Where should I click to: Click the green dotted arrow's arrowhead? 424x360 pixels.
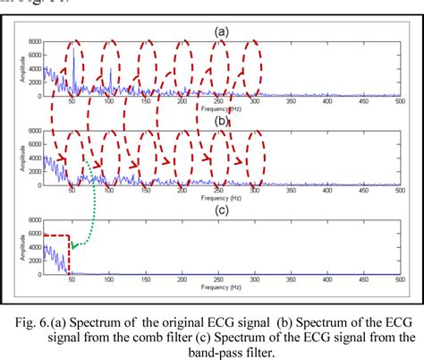point(76,244)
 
